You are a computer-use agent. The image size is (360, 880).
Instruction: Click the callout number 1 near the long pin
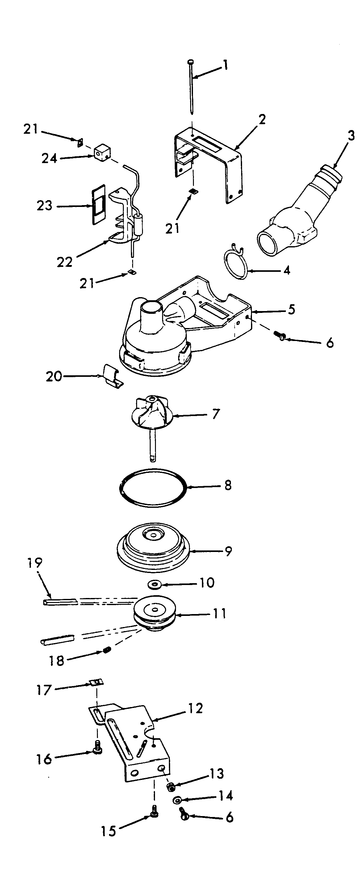pos(225,65)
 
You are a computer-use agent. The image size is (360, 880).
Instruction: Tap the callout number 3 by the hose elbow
pos(351,136)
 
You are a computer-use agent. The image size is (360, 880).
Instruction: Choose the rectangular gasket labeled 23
pos(98,204)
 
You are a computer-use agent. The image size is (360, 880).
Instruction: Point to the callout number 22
pos(65,262)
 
